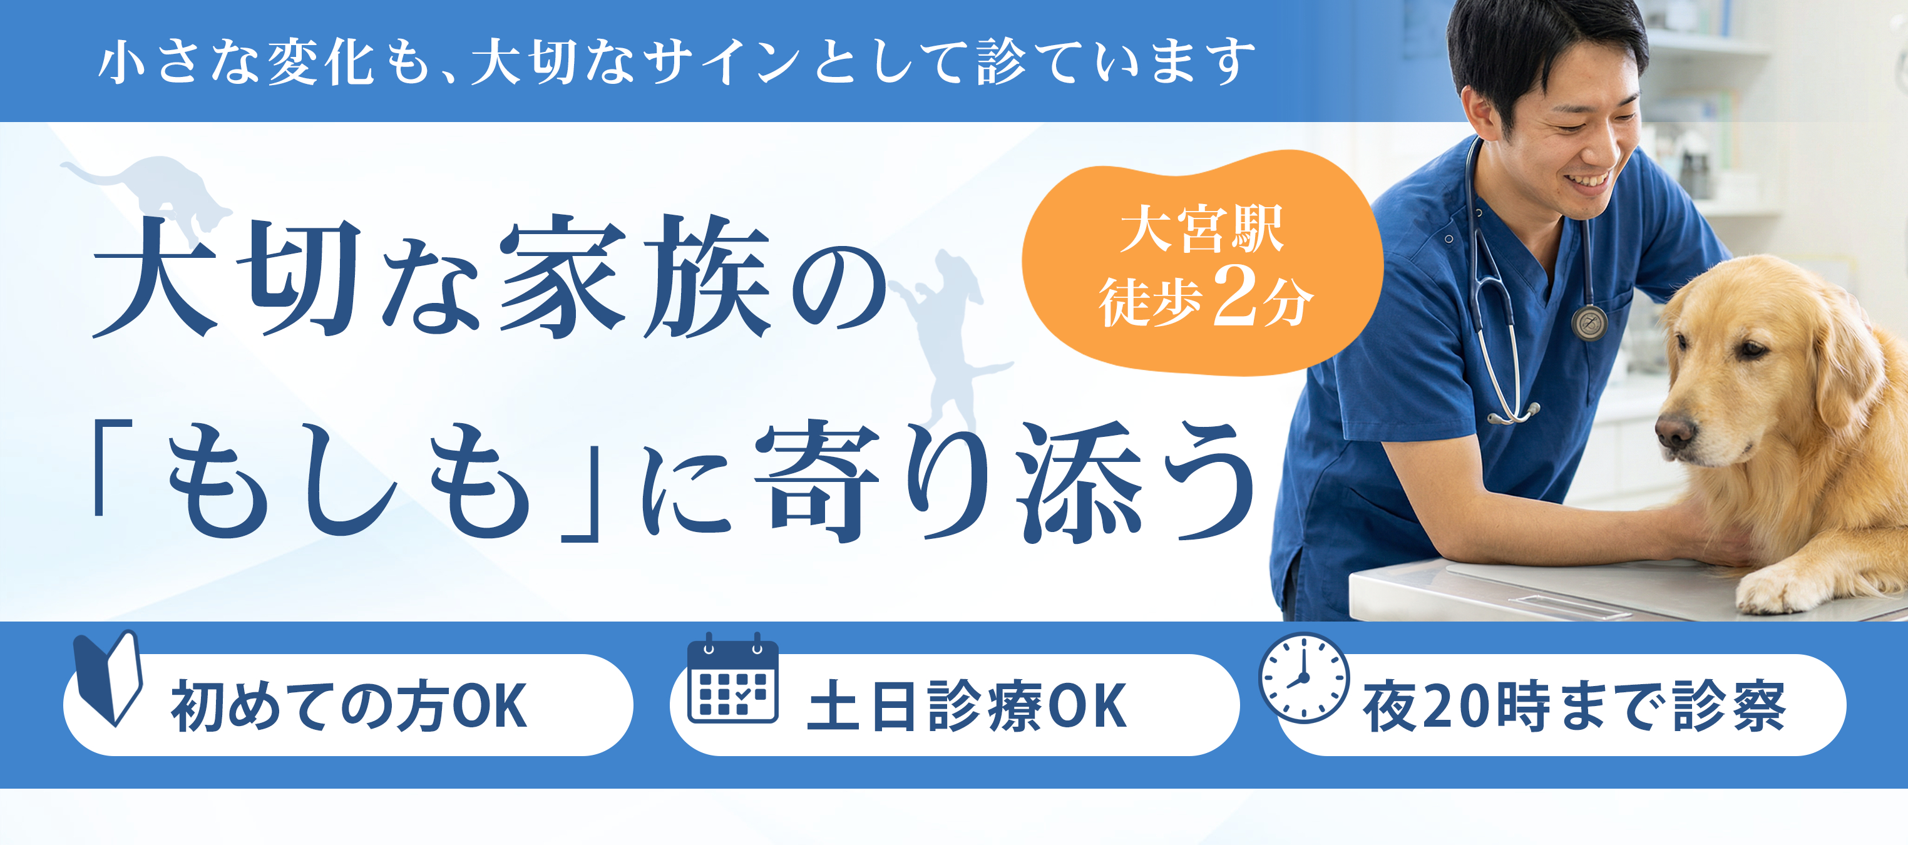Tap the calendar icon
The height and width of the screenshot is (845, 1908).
coord(732,679)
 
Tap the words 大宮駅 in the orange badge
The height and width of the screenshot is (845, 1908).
coord(1201,230)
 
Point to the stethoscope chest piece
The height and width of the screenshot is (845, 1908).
coord(1589,323)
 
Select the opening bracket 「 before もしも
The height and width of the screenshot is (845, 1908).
coord(111,466)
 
